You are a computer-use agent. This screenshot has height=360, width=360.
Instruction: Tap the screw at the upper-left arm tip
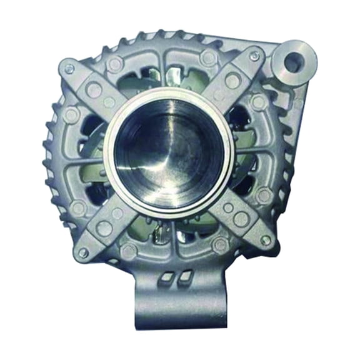[69, 69]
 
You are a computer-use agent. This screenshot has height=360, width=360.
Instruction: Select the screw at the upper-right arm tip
[254, 57]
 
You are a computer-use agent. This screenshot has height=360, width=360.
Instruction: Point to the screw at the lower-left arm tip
[83, 253]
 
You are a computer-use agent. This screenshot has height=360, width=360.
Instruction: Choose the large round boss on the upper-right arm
[232, 80]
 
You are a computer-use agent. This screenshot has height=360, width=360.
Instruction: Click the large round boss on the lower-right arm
[241, 219]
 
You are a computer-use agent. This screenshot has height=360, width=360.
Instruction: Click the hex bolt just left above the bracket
[129, 251]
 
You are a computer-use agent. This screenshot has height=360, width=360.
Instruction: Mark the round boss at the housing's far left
[71, 115]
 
